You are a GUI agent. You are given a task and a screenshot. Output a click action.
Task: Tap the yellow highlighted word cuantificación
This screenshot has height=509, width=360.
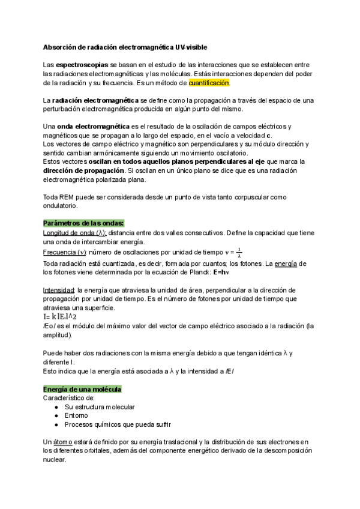tap(209, 83)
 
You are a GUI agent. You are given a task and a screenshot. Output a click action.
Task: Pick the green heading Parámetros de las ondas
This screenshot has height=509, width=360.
tap(83, 223)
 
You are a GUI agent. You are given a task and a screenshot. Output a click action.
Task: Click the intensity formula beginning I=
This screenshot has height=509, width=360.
tap(59, 316)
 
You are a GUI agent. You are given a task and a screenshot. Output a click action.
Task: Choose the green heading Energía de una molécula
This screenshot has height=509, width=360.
tap(83, 389)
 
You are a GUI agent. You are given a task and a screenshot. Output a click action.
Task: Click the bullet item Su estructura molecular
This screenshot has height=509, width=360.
tap(100, 407)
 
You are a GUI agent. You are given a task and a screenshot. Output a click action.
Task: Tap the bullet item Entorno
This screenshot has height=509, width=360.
tap(76, 415)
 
